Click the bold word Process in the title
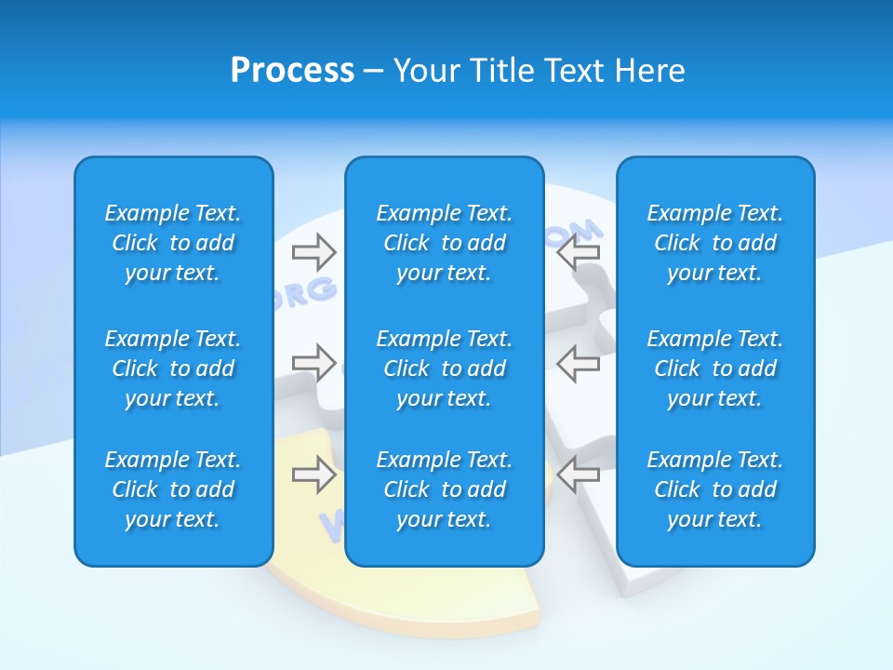click(292, 71)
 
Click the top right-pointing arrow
click(313, 251)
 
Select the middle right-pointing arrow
click(313, 362)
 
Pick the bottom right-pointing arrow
click(313, 475)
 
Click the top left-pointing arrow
click(578, 251)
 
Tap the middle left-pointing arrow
click(578, 362)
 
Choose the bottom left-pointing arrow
click(578, 475)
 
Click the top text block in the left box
click(173, 243)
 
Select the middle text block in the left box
click(173, 368)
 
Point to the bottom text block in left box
click(173, 489)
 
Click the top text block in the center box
click(444, 243)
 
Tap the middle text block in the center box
click(444, 368)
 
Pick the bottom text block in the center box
click(444, 489)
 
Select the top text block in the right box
click(714, 243)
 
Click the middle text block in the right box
click(714, 368)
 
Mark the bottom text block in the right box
click(714, 489)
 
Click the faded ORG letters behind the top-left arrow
click(305, 292)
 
